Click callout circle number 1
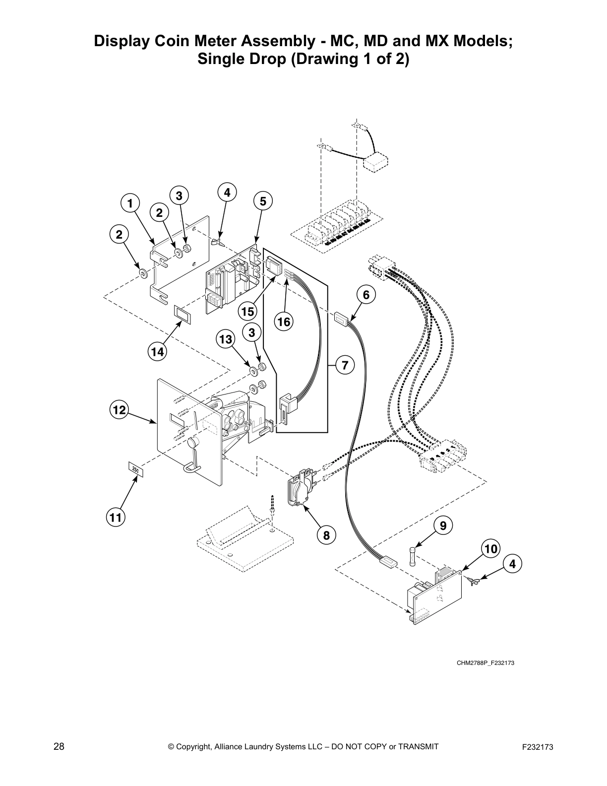point(130,203)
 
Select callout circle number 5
point(263,201)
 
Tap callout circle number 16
point(284,322)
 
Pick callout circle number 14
point(158,352)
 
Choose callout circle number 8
point(326,535)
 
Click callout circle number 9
point(443,525)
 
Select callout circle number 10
point(490,549)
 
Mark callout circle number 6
point(366,295)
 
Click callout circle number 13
point(225,339)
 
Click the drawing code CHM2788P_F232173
point(486,663)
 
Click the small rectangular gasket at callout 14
point(182,314)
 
